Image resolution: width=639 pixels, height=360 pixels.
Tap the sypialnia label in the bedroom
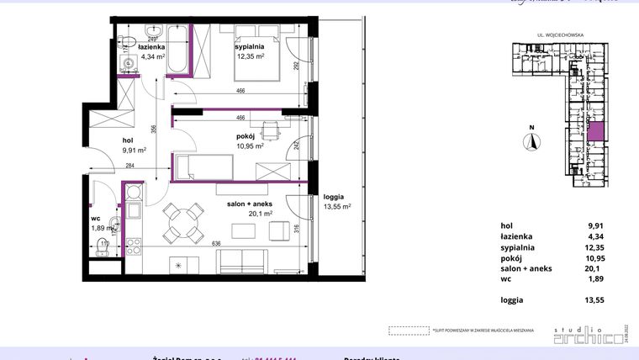pos(251,47)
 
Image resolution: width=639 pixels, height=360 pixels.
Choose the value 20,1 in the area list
pos(599,271)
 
